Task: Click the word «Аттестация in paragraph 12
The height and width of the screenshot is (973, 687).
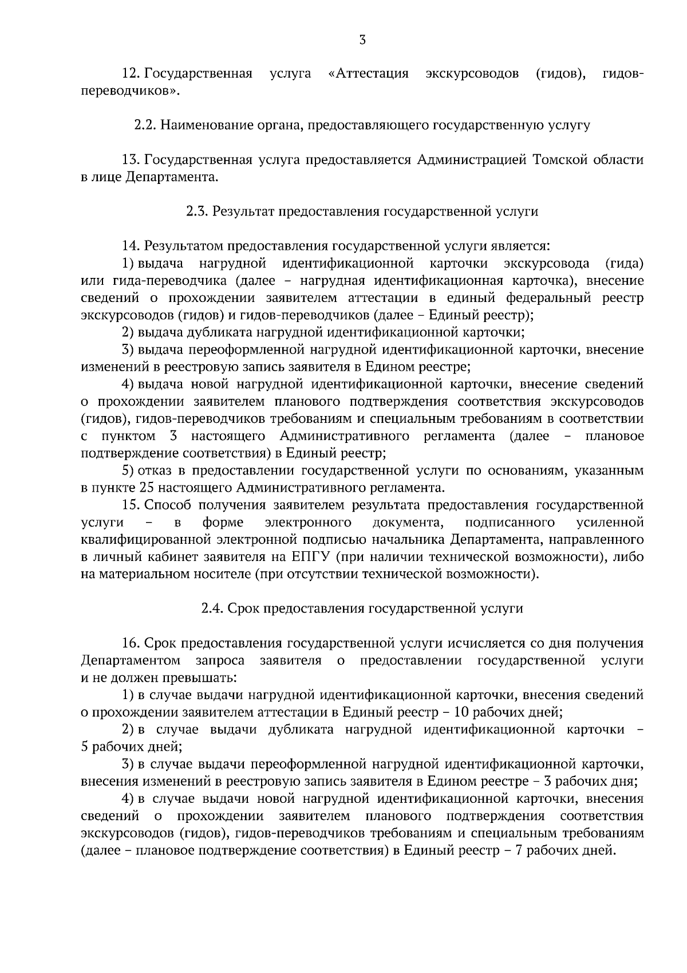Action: (370, 74)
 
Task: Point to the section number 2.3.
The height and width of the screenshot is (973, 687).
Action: (197, 211)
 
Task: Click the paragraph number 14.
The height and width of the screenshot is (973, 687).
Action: (131, 246)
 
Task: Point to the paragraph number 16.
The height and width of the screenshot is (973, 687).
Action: (131, 644)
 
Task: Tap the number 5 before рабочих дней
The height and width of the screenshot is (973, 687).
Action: (85, 747)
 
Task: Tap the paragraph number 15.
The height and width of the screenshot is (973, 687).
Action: (131, 505)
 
